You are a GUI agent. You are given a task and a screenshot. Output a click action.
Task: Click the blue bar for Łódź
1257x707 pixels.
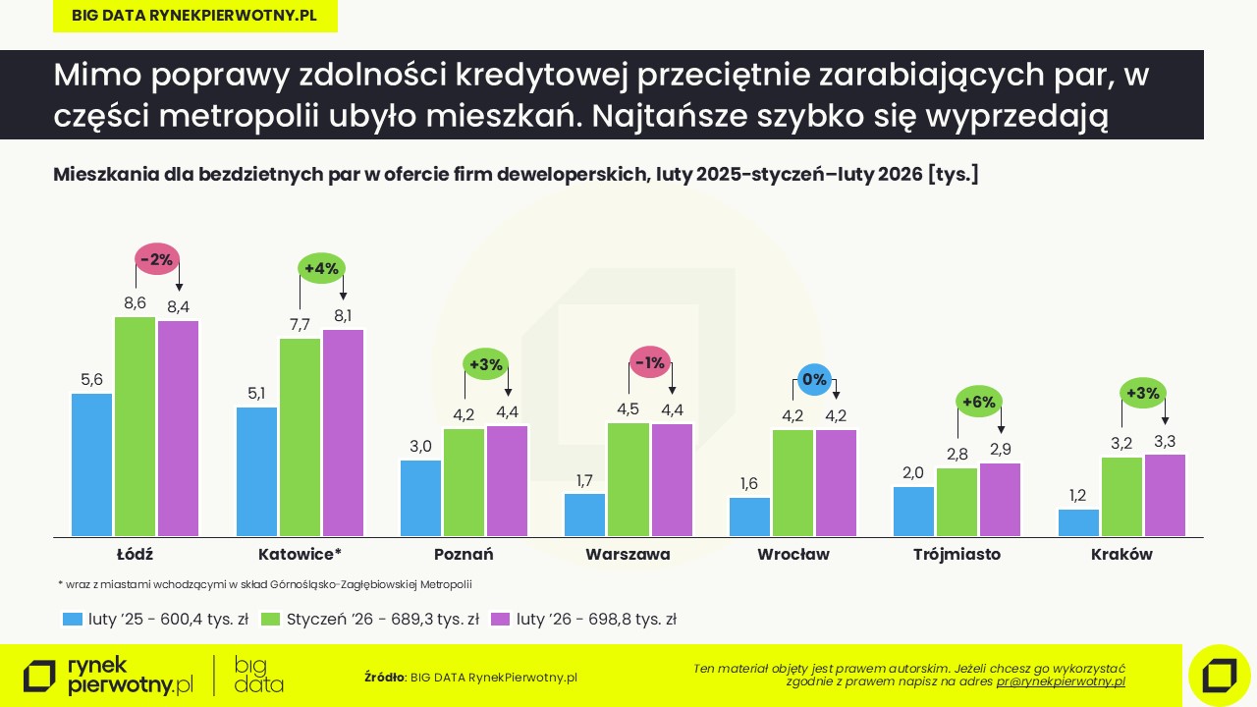(91, 464)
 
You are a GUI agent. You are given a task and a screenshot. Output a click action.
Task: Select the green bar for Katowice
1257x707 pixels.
(300, 437)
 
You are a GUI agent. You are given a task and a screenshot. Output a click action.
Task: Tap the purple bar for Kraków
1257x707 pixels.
(1165, 495)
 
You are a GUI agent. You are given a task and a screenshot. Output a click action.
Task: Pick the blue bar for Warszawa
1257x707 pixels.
(584, 515)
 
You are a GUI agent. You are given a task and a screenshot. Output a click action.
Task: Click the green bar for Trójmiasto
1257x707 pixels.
(956, 502)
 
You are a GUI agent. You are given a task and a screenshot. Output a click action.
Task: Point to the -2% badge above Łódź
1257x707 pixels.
(157, 260)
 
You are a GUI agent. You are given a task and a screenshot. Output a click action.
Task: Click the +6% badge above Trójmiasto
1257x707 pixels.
(979, 402)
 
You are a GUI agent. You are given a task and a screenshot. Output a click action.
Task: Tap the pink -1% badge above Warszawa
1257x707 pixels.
(650, 362)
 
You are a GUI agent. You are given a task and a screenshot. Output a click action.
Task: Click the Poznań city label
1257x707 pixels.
(464, 554)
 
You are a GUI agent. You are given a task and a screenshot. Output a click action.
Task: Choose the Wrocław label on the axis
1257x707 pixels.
(793, 554)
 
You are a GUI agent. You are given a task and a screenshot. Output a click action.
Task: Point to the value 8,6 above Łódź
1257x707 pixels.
(135, 302)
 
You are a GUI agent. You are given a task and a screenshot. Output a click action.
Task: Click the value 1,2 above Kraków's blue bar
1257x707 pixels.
(1077, 495)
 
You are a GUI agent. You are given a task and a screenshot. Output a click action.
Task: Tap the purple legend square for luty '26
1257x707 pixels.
(501, 620)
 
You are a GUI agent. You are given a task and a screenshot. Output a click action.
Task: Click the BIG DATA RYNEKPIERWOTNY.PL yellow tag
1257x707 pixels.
(194, 16)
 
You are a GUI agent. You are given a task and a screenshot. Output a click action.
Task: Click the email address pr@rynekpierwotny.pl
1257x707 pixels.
(1061, 680)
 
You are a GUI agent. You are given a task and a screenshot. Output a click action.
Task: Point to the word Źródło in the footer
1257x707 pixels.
(384, 677)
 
